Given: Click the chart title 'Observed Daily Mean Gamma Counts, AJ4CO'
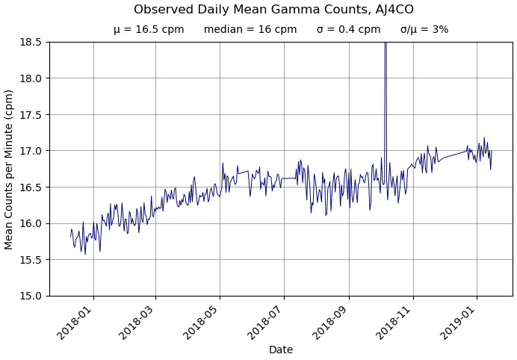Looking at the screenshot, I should (x=273, y=10).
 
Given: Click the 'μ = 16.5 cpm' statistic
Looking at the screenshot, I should (x=149, y=30).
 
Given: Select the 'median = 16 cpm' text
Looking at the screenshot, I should (x=250, y=30).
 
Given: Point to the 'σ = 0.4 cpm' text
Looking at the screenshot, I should (x=348, y=30).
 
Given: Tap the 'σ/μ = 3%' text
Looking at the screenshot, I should (x=424, y=30).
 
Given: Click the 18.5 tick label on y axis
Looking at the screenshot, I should (x=31, y=42).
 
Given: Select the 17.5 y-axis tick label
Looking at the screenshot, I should (x=31, y=114).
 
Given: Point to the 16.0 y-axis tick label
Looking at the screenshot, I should (x=31, y=223).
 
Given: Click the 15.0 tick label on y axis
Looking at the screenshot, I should (x=31, y=296).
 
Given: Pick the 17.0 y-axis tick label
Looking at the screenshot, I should (x=31, y=151).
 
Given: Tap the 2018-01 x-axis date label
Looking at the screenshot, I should (x=78, y=320).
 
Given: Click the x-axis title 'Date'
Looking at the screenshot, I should (x=281, y=350).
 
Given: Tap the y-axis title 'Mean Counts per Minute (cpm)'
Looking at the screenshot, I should (x=10, y=169).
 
